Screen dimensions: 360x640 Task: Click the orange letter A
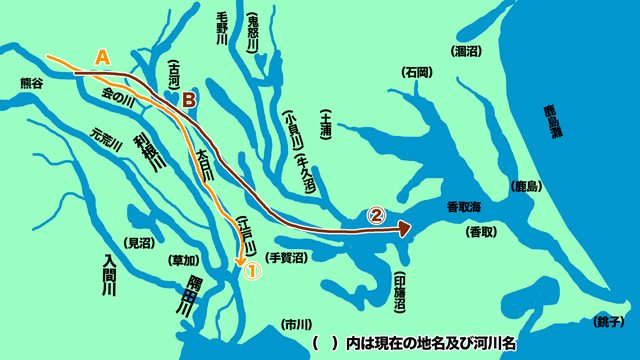[x=101, y=58]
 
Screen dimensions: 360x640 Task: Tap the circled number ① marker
[x=253, y=270]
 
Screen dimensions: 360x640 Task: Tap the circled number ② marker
[x=377, y=213]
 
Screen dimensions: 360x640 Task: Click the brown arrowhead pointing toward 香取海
[x=405, y=229]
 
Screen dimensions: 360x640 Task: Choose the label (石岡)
[x=417, y=73]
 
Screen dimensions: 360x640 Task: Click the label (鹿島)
[x=527, y=187]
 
